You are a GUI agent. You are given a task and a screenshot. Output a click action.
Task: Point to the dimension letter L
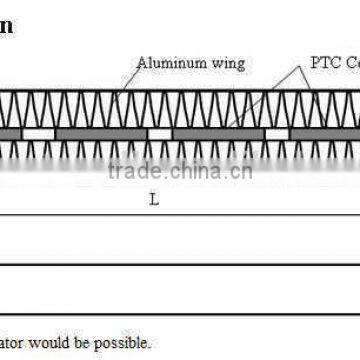tap(153, 199)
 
